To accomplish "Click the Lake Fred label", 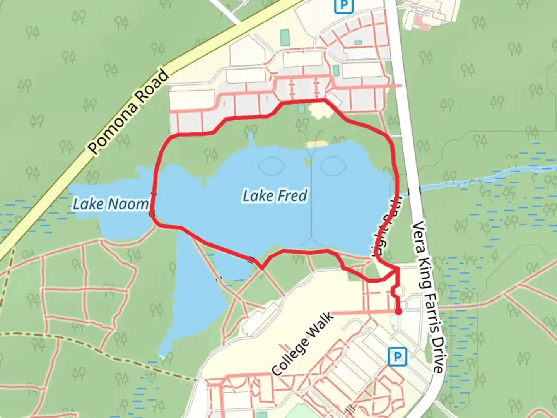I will click(x=275, y=196).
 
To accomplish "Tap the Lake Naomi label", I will click(x=111, y=204).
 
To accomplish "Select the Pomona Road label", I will click(x=129, y=112).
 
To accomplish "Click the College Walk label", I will click(x=303, y=344).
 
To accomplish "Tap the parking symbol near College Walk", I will click(x=397, y=356).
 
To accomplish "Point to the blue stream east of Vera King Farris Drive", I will click(x=484, y=178).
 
